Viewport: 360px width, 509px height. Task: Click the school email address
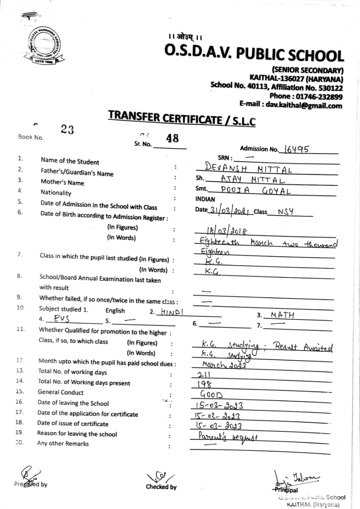pyautogui.click(x=291, y=105)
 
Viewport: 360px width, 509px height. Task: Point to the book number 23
pyautogui.click(x=67, y=130)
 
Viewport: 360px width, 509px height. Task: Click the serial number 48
pyautogui.click(x=172, y=138)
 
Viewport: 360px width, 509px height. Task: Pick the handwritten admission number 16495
pyautogui.click(x=296, y=149)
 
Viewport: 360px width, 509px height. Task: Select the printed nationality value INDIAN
pyautogui.click(x=205, y=199)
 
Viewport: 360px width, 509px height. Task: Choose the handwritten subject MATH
pyautogui.click(x=282, y=315)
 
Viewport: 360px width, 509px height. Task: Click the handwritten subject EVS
pyautogui.click(x=63, y=319)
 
